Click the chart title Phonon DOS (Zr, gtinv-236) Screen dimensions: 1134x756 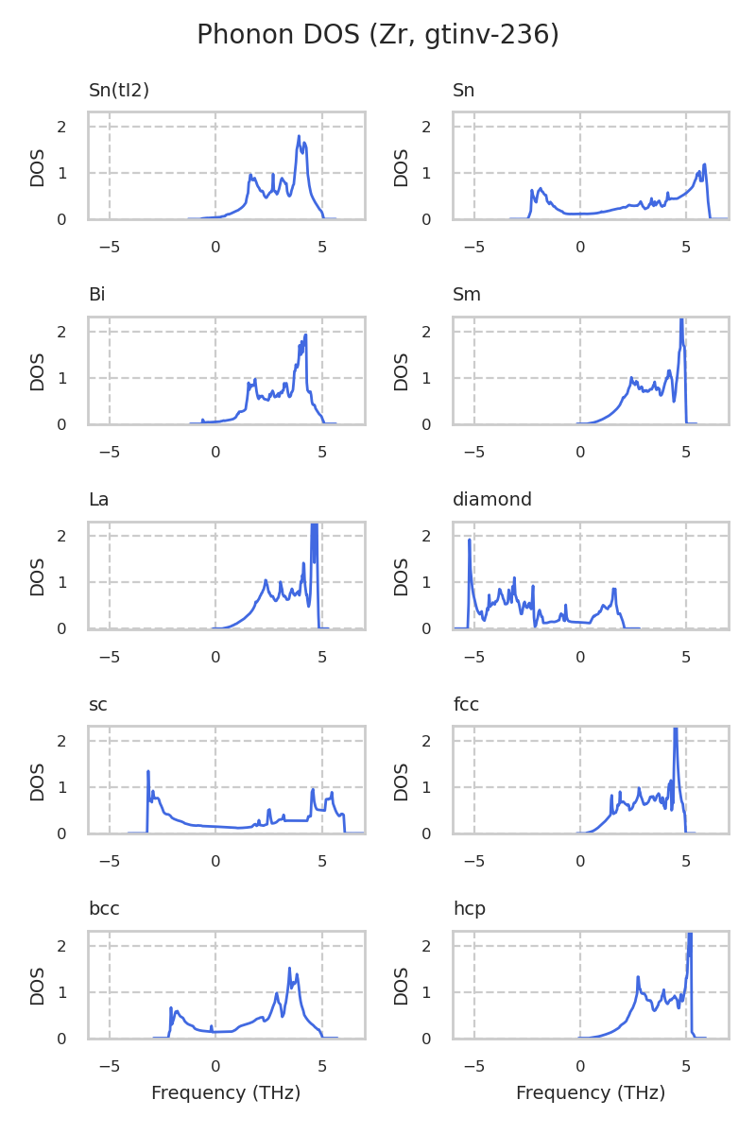378,35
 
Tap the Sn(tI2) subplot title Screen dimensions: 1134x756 119,91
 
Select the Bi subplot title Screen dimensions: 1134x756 96,295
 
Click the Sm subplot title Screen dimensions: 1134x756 467,295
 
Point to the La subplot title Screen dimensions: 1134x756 98,500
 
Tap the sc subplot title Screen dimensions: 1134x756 97,705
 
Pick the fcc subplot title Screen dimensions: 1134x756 466,705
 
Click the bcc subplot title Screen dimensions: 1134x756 104,909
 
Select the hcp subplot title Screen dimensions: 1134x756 468,909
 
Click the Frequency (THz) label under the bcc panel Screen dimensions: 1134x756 226,1093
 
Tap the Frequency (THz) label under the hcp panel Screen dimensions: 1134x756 591,1093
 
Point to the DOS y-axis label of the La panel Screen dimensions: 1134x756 38,576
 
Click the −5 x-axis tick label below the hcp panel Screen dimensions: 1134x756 473,1066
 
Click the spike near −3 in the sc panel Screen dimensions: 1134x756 148,772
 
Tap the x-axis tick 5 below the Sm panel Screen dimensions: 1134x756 686,452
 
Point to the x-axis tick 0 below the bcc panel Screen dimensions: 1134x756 215,1066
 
